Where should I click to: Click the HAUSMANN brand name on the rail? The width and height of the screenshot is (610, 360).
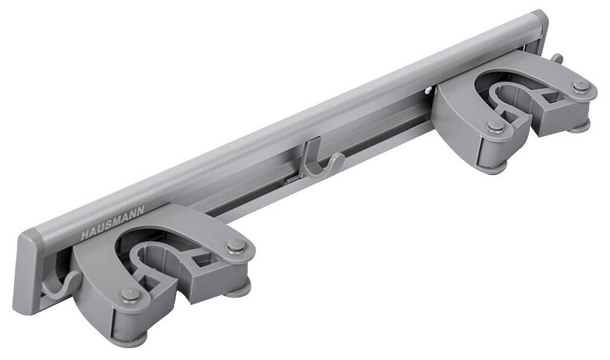click(x=112, y=222)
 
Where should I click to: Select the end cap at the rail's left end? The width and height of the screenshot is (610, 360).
click(x=29, y=272)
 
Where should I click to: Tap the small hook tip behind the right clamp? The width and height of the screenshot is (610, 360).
click(x=556, y=58)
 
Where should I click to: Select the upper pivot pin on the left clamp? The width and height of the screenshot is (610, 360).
click(x=237, y=245)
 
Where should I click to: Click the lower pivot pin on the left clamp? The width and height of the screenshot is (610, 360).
click(x=130, y=295)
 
